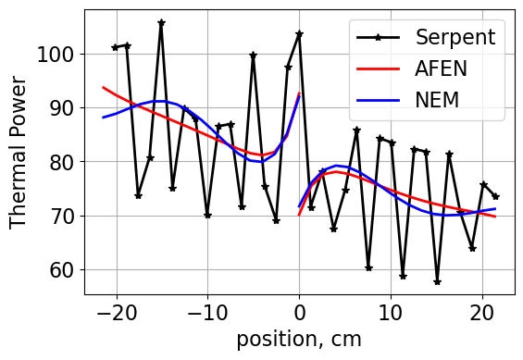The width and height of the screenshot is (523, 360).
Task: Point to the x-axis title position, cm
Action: click(299, 339)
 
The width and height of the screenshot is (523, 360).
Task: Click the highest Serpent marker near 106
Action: click(161, 22)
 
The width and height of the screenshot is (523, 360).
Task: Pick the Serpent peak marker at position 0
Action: click(299, 33)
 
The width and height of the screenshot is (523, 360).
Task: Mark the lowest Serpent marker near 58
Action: click(437, 281)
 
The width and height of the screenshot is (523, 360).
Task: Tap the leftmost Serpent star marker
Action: click(115, 47)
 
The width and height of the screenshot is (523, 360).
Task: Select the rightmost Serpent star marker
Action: click(495, 196)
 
